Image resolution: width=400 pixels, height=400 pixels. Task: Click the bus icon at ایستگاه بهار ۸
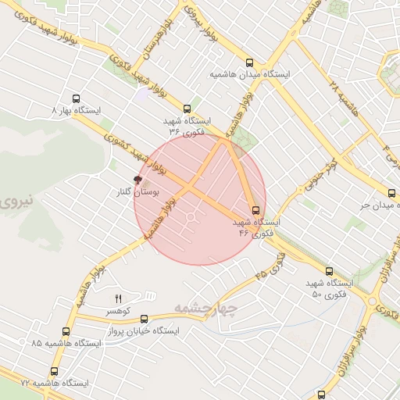76,99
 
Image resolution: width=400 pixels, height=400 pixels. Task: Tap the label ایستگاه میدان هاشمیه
249,74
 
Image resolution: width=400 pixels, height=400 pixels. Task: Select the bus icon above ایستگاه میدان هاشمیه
249,63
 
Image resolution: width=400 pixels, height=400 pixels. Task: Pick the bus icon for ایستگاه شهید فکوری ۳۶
187,109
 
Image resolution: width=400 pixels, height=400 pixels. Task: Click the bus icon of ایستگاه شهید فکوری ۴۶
255,210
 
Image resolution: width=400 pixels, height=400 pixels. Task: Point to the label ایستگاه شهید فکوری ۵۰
327,288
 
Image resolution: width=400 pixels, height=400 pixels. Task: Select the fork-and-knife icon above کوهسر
119,298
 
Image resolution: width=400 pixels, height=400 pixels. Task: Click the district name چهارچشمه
205,307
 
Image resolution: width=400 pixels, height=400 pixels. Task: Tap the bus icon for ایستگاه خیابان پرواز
144,319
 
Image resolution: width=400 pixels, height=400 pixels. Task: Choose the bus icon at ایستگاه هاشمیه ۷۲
54,371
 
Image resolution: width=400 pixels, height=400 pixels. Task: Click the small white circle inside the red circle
191,217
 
